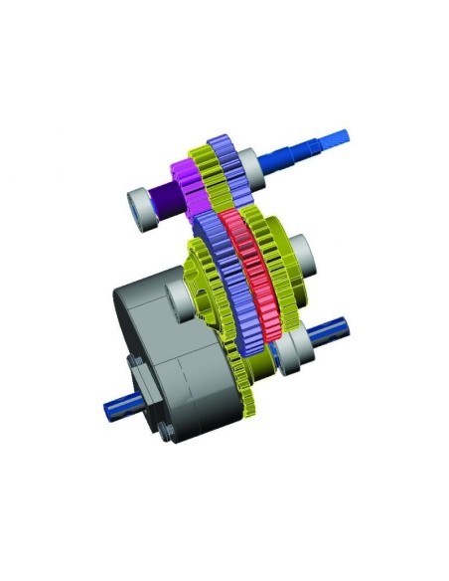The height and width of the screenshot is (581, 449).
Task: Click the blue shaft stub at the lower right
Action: point(332,332)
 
